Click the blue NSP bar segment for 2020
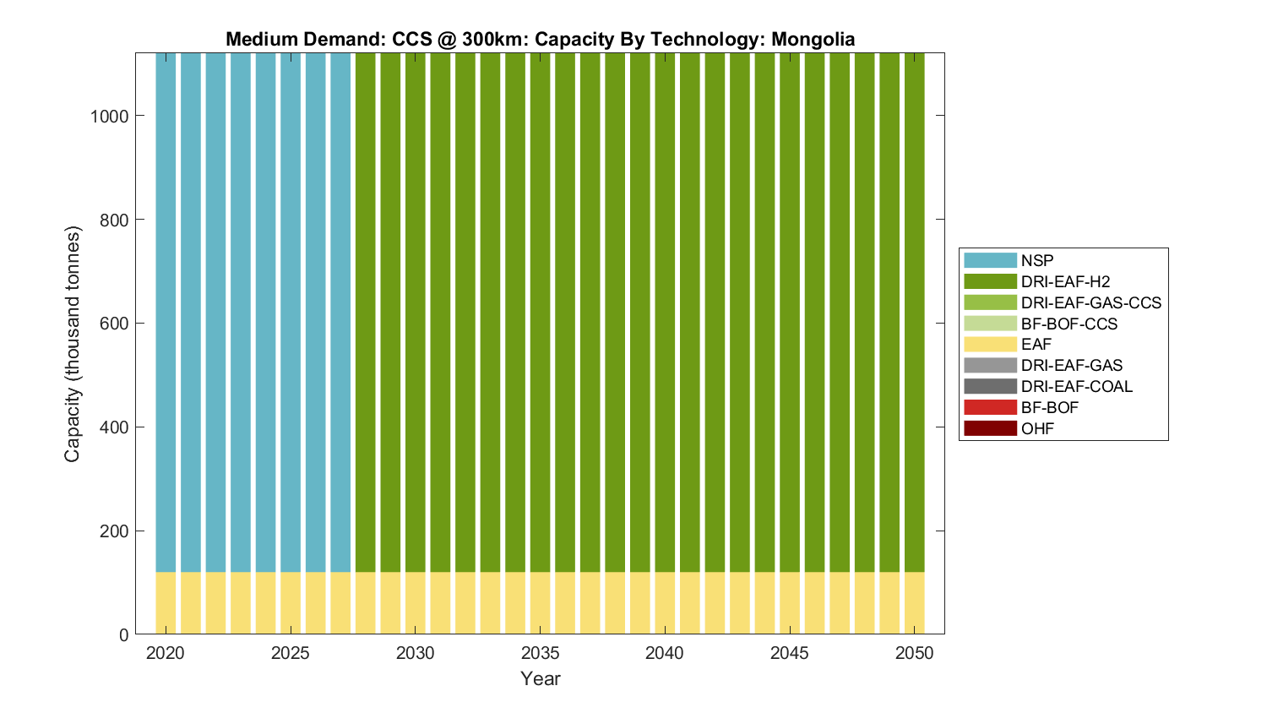tap(166, 313)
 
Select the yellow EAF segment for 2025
tap(291, 603)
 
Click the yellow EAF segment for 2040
tap(665, 603)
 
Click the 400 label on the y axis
tap(110, 427)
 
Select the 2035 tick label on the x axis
tap(540, 653)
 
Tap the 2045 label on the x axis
tap(790, 653)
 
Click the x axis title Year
tap(540, 678)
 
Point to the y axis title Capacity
tap(73, 344)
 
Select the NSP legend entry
tap(1037, 260)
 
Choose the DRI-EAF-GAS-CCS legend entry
tap(1090, 302)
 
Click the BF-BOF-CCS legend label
tap(1069, 324)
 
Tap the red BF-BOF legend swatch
tap(990, 407)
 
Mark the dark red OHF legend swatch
tap(990, 428)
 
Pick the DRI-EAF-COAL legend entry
tap(1076, 386)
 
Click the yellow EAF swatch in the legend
tap(990, 345)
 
